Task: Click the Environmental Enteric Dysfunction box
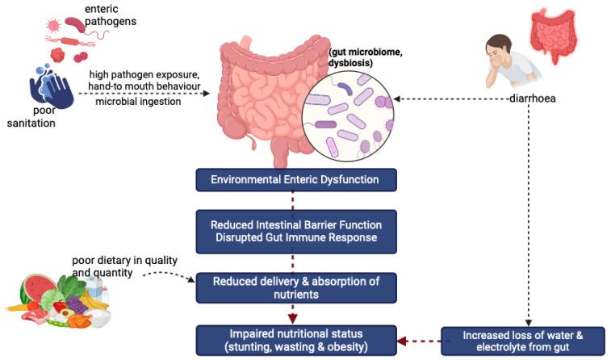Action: tap(296, 179)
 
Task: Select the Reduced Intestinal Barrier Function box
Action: tap(296, 230)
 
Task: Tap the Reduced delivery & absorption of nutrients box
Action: tap(296, 287)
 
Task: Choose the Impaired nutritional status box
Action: tap(296, 340)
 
